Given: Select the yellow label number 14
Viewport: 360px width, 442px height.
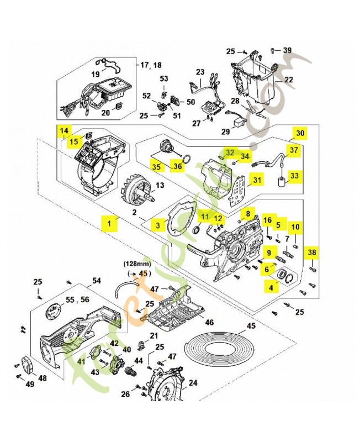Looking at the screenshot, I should pos(65,131).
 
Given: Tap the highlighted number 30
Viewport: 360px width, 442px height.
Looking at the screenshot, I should pos(299,133).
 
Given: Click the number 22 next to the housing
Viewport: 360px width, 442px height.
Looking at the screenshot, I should pos(288,80).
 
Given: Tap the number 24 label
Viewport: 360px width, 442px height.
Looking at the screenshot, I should pos(193,382).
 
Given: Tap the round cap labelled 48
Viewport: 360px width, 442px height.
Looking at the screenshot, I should pos(27,366).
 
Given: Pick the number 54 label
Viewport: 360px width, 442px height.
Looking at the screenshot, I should pos(96,281).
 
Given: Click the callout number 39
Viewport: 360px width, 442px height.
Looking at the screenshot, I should pos(287,50).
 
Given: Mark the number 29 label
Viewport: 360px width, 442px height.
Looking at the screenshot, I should pos(225,131).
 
